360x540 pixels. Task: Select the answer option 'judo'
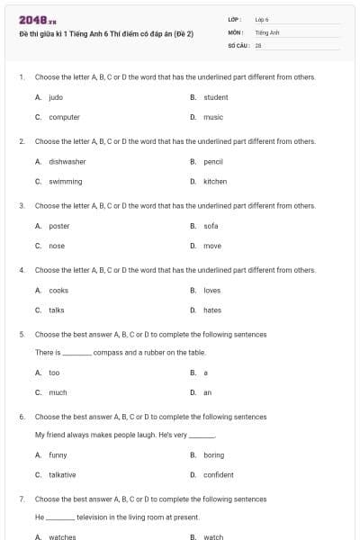tap(56, 97)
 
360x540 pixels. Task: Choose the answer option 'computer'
tap(64, 117)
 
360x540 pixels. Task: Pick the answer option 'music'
tap(213, 117)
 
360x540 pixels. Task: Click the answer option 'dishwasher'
tap(67, 162)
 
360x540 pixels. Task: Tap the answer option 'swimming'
tap(66, 182)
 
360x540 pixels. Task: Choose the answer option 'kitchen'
tap(215, 182)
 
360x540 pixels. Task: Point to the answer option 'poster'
tap(58, 226)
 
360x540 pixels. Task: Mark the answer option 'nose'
tap(57, 246)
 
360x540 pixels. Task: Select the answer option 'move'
tap(212, 246)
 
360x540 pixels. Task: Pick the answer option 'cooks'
tap(58, 291)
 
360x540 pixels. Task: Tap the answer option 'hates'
tap(212, 310)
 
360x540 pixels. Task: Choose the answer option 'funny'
tap(58, 455)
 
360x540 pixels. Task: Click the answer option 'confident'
tap(219, 475)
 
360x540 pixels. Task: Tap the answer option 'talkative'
tap(62, 475)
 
